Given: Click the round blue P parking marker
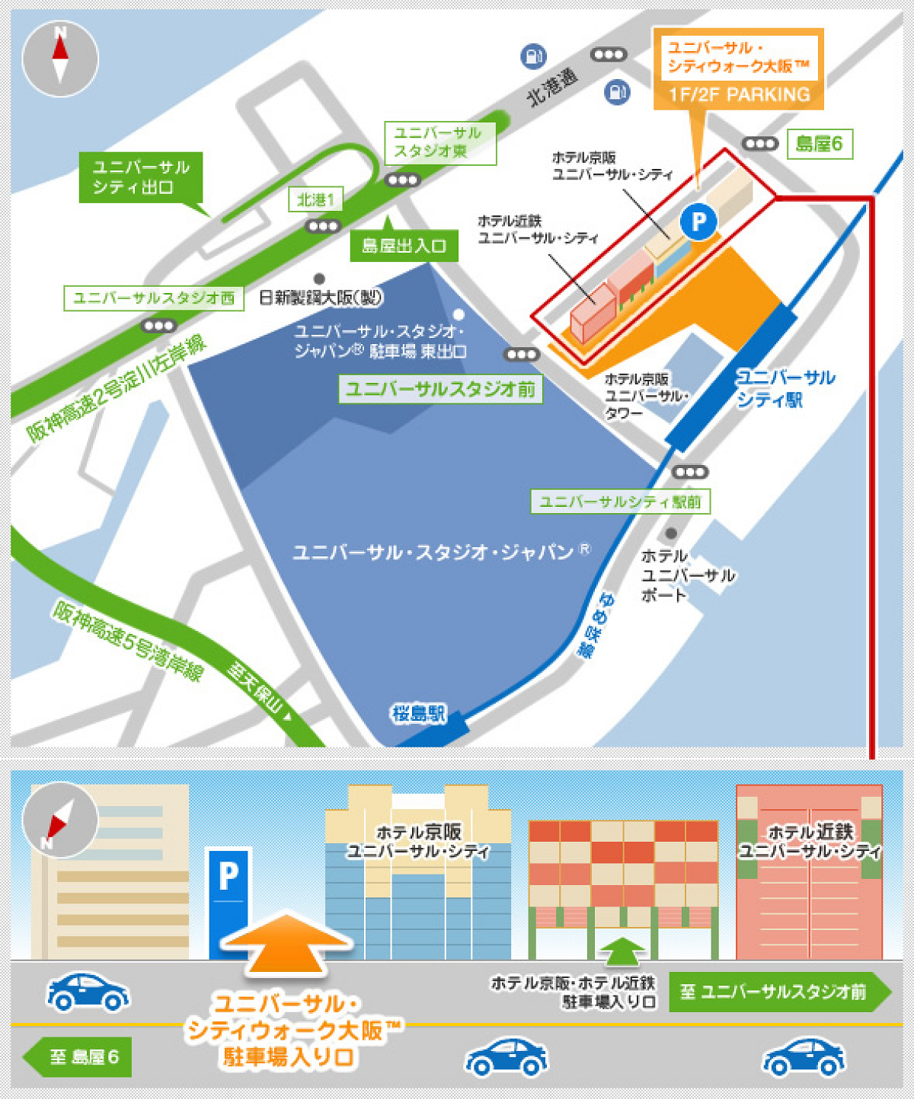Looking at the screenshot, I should pos(698,221).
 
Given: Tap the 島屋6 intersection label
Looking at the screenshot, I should pos(819,144).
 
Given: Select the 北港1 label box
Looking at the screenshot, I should pos(315,200).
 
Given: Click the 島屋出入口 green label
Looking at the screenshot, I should pos(404,246).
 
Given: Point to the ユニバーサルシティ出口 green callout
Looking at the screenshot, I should pos(141,177).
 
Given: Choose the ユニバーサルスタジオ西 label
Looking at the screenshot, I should pos(154,298).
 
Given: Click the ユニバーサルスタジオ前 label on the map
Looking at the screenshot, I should pos(440,389).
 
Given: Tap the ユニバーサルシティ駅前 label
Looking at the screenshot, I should pos(620,502).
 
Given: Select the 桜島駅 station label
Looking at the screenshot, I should pos(418,714).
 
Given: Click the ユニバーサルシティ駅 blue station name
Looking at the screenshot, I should pos(785,388).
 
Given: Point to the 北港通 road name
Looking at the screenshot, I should pos(553,87).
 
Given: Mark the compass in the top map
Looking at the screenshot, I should pos(60,59).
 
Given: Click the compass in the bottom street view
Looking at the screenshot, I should pos(60,820).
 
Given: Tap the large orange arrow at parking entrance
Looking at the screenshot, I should pos(286,944).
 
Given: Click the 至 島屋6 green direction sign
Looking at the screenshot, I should pos(78,1057).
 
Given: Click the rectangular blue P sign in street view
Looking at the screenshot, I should pos(229,902).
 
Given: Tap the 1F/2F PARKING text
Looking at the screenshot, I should pos(739,95).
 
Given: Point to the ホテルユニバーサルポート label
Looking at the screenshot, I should pos(687,575).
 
